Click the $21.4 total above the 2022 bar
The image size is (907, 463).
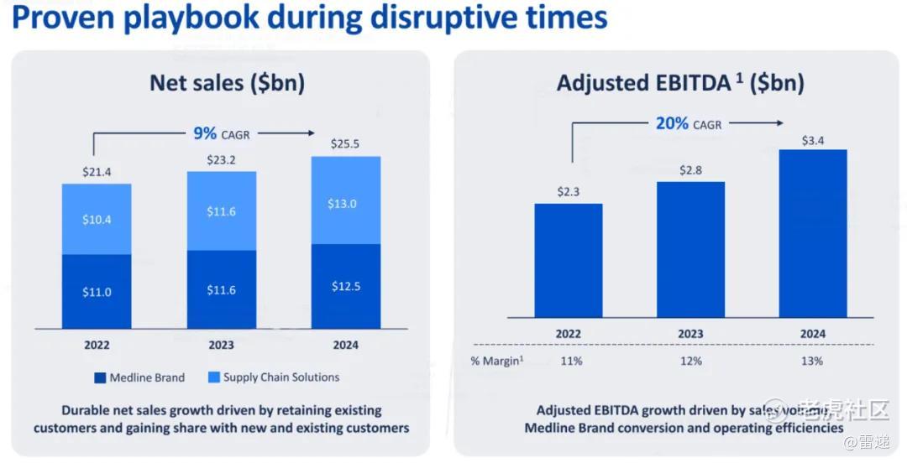(97, 173)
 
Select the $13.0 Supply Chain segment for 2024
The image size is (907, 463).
(345, 204)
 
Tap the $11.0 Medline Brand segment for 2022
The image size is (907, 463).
(97, 292)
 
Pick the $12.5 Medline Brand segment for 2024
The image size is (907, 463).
(345, 286)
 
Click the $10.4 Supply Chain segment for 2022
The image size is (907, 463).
(97, 219)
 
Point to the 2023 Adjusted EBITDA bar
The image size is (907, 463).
(690, 249)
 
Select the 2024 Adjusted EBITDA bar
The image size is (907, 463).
(812, 233)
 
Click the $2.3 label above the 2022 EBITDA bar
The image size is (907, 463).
(569, 192)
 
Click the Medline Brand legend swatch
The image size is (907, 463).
(98, 377)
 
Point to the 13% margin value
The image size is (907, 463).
(812, 361)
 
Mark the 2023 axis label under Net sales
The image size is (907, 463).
(222, 345)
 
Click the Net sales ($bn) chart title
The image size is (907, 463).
(227, 83)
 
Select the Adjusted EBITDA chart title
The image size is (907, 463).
(680, 83)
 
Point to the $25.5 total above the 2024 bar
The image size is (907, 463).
(345, 144)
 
